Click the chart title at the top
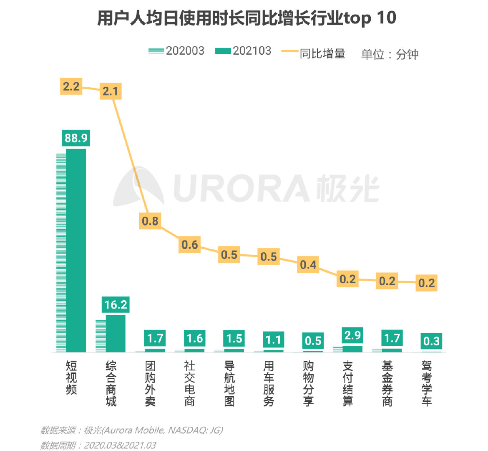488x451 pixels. [247, 18]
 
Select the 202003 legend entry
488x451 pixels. [176, 51]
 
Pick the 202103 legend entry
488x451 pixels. [244, 51]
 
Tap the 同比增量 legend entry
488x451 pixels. [313, 53]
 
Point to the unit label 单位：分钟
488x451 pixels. [390, 54]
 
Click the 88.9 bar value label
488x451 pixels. [76, 138]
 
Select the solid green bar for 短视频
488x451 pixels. [76, 251]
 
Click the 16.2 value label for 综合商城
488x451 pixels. [116, 304]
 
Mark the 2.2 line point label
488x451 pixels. [71, 86]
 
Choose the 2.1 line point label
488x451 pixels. [111, 91]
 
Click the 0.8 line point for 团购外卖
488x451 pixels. [150, 220]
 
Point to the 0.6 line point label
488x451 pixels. [189, 244]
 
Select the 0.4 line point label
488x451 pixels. [308, 265]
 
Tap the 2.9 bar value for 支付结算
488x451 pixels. [352, 335]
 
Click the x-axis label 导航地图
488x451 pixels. [229, 384]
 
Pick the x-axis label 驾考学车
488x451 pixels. [427, 384]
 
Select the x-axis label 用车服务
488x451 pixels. [269, 384]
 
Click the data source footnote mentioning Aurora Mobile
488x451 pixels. [131, 430]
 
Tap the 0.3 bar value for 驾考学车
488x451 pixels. [431, 341]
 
